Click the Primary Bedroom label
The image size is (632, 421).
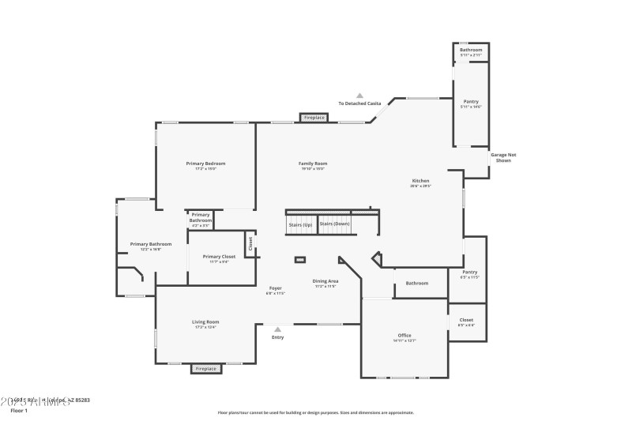point(206,164)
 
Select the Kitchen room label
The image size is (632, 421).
point(419,182)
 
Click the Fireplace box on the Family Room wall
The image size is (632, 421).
point(314,118)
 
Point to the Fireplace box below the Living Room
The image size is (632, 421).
point(206,368)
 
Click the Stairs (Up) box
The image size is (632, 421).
point(300,224)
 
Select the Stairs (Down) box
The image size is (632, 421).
point(334,224)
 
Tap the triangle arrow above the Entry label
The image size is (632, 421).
point(277,329)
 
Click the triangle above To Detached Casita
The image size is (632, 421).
point(359,95)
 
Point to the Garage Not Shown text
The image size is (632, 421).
point(503,157)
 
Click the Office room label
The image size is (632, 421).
point(404,337)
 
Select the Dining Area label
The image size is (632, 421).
point(325,282)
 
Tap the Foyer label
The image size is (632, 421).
point(275,289)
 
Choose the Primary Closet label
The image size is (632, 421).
point(219,257)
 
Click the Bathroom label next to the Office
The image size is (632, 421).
point(417,283)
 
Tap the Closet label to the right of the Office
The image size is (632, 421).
point(466,321)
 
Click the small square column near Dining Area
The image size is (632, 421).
point(300,259)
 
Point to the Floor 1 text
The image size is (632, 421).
point(19,411)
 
